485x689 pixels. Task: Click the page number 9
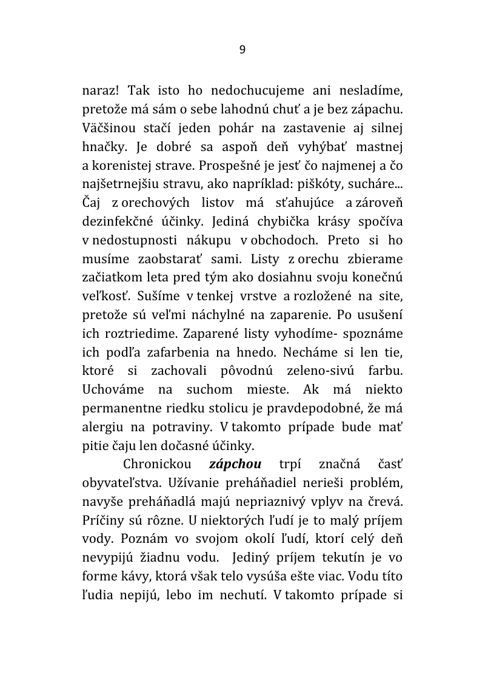coord(242,50)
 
